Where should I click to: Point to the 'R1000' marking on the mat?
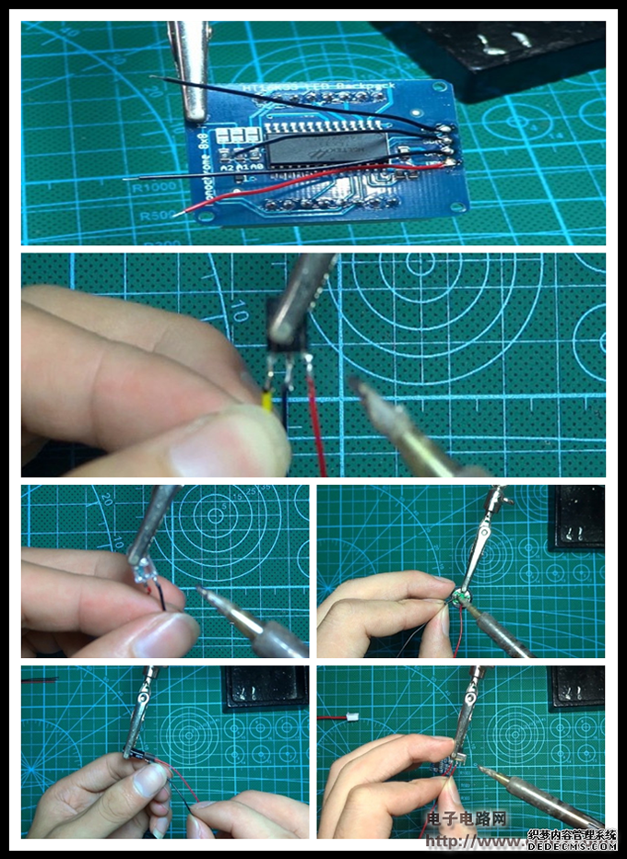pyautogui.click(x=148, y=187)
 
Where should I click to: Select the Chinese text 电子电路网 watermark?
pyautogui.click(x=467, y=818)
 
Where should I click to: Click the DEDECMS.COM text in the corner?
pyautogui.click(x=573, y=844)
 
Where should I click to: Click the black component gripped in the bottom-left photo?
pyautogui.click(x=136, y=757)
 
